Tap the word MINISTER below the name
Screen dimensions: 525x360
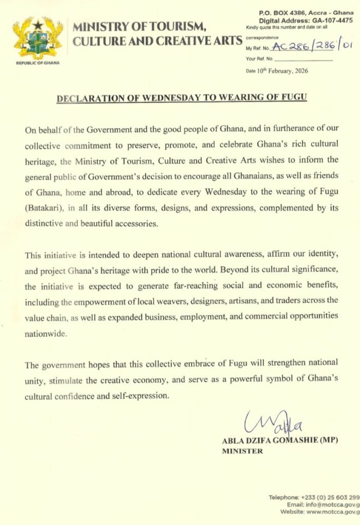pos(243,451)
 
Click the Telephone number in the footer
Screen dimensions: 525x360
pos(313,497)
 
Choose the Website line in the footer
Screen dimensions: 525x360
pos(319,512)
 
